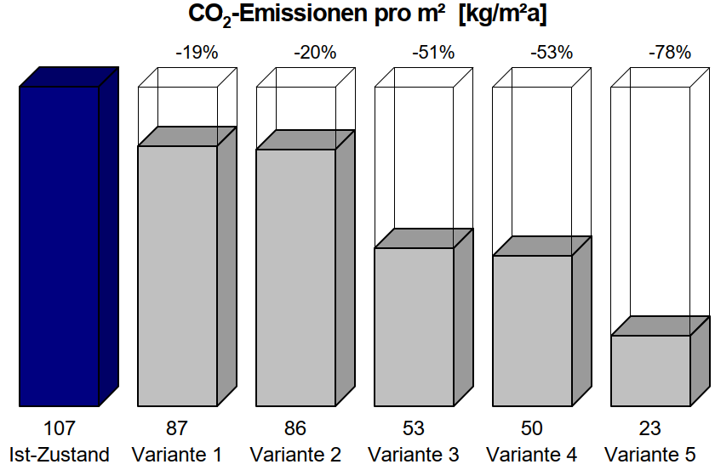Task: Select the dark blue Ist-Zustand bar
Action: [59, 246]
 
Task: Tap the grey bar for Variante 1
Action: [177, 276]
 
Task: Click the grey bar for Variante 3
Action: [414, 327]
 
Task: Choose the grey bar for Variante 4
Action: [532, 331]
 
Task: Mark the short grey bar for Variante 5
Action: [650, 371]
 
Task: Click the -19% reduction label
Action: [197, 53]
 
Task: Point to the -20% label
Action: [315, 53]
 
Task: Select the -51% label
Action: [433, 53]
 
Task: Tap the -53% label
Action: [552, 53]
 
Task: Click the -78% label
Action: [670, 53]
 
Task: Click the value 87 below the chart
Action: [177, 428]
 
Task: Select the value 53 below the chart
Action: [414, 428]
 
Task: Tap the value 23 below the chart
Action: [650, 428]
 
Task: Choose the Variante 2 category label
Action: [295, 455]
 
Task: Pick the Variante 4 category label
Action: [532, 455]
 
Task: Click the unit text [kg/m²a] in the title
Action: [502, 14]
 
